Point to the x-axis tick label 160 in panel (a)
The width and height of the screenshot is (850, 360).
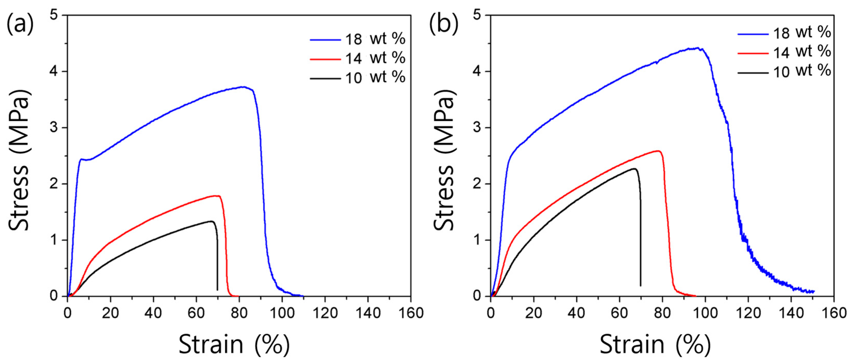tap(411, 313)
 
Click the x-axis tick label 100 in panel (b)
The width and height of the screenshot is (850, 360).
tap(705, 313)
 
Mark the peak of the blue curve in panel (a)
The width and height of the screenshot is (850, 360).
tap(243, 87)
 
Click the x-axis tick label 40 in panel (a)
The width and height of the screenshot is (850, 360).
tap(153, 313)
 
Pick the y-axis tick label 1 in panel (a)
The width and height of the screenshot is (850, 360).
tap(54, 240)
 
